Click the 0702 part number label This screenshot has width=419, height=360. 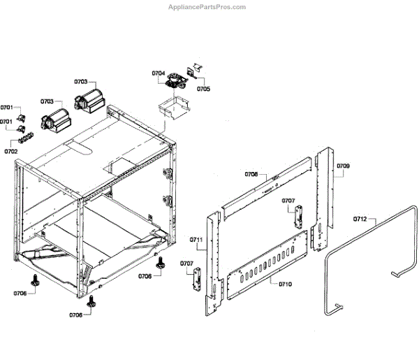tap(10, 151)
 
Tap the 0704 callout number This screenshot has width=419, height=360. tap(159, 73)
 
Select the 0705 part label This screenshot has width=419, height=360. tap(203, 89)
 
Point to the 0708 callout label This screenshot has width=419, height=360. tap(251, 174)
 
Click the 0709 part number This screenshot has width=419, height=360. tap(343, 166)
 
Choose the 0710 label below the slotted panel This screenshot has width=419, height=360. tap(285, 285)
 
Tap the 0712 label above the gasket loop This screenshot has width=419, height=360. tap(360, 219)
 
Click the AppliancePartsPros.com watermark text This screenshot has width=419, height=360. tap(207, 7)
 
